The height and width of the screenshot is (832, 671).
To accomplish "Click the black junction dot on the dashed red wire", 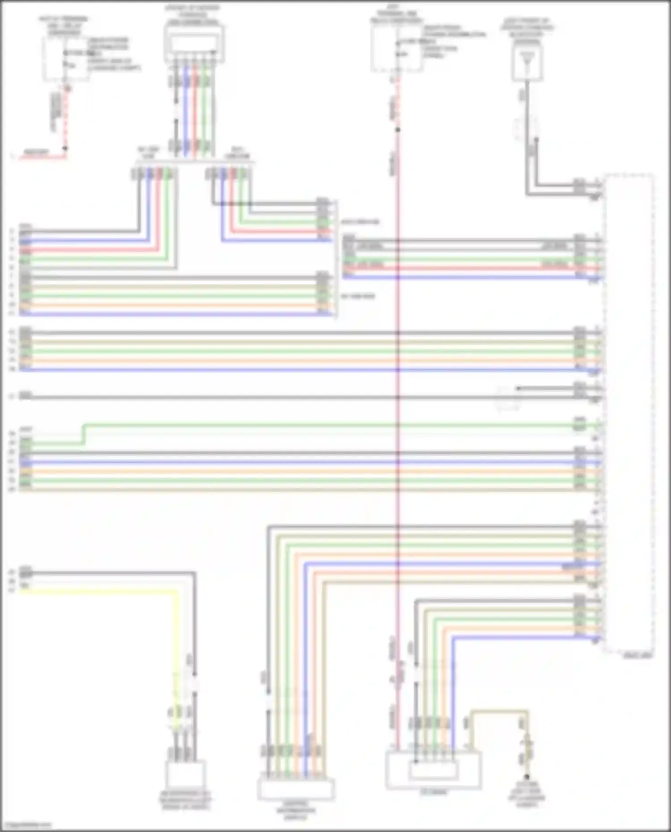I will coord(65,148).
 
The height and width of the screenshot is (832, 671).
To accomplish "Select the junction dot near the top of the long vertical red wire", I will coord(398,130).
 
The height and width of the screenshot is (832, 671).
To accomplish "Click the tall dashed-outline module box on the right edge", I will coord(628,414).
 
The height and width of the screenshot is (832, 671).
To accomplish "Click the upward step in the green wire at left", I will coord(84,434).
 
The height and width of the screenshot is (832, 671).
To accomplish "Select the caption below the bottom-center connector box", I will coord(295,811).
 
